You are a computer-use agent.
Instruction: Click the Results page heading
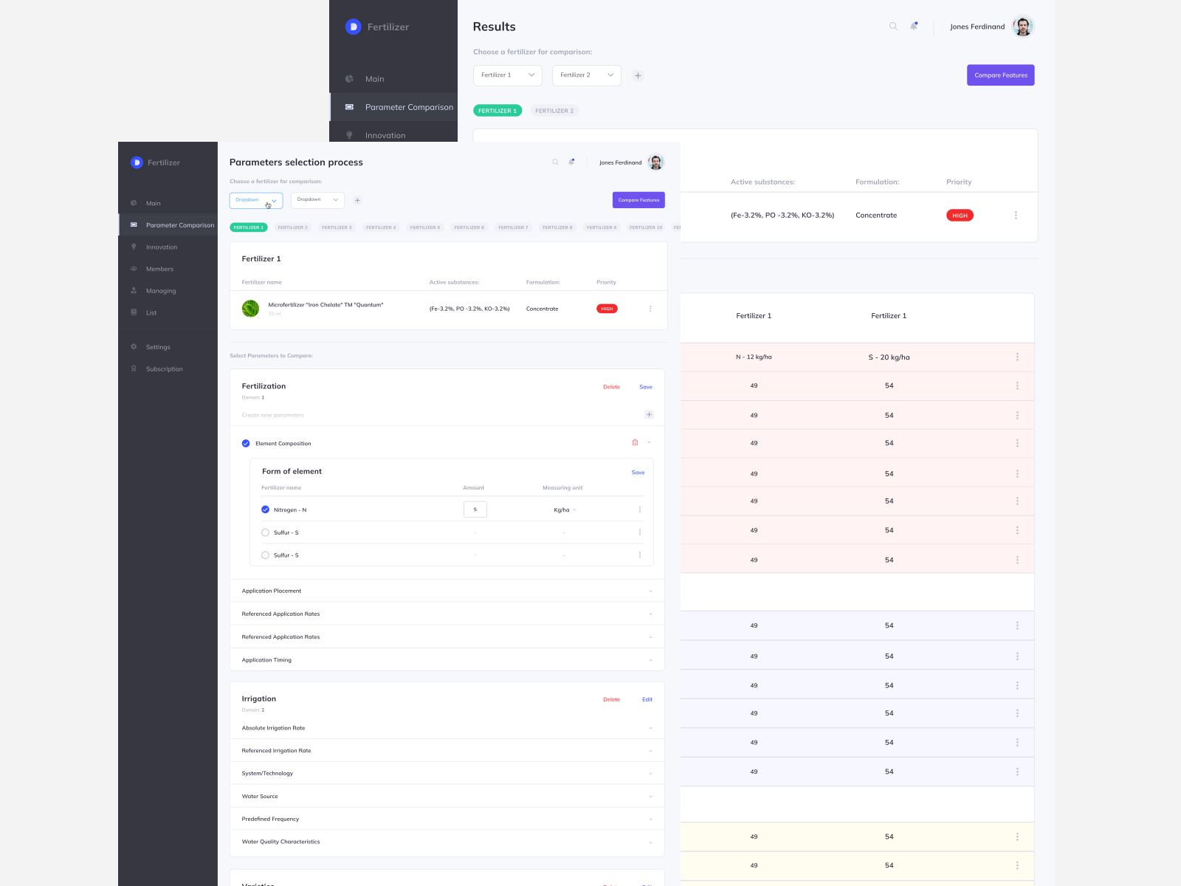coord(494,27)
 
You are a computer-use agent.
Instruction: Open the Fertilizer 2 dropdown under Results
coord(586,75)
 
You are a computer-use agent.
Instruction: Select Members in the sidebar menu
coord(159,269)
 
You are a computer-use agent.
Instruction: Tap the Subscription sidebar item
coord(164,369)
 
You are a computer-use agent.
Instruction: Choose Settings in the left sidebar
coord(158,347)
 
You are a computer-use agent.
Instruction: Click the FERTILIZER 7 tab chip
coord(513,227)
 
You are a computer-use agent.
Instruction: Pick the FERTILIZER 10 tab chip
coord(646,227)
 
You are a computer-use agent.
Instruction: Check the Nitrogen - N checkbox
coord(266,509)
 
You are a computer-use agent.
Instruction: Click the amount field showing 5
coord(475,509)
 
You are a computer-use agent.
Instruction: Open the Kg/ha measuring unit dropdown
coord(565,510)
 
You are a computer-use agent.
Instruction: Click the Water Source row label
coord(260,797)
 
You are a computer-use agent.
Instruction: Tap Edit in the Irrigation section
coord(647,699)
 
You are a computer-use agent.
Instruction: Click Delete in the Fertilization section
coord(611,387)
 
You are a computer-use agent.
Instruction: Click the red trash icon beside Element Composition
coord(635,443)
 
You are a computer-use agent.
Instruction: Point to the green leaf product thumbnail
coord(251,309)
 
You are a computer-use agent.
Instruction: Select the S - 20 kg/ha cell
coord(889,357)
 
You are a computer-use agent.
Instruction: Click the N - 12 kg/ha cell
coord(754,357)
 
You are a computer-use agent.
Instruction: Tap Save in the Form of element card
coord(638,473)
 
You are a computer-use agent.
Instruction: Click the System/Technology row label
coord(267,774)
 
